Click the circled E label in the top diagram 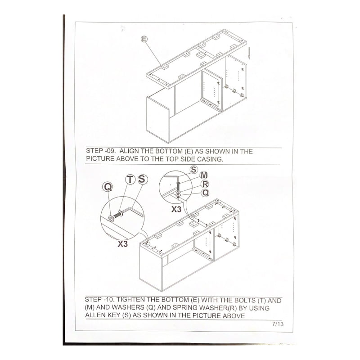pyautogui.click(x=144, y=39)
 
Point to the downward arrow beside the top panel pyautogui.click(x=249, y=53)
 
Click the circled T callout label pyautogui.click(x=130, y=179)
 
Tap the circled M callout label pyautogui.click(x=204, y=175)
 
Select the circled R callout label pyautogui.click(x=205, y=184)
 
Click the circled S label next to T pyautogui.click(x=142, y=179)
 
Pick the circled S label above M pyautogui.click(x=194, y=170)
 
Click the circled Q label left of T pyautogui.click(x=108, y=187)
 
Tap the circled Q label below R pyautogui.click(x=205, y=193)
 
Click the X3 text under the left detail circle pyautogui.click(x=122, y=244)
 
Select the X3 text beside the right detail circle pyautogui.click(x=176, y=209)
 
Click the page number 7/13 pyautogui.click(x=278, y=324)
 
